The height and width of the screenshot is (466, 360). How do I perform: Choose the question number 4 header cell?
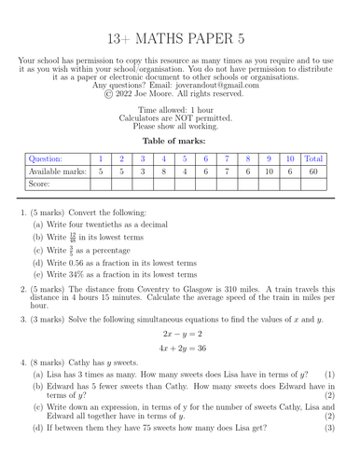pyautogui.click(x=164, y=158)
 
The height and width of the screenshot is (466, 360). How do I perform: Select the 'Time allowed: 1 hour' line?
pyautogui.click(x=179, y=110)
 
